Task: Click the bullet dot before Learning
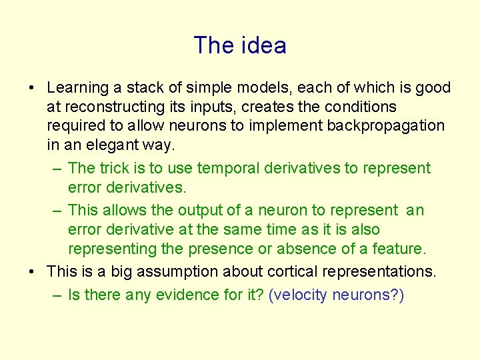pyautogui.click(x=32, y=88)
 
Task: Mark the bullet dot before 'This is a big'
pyautogui.click(x=32, y=272)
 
